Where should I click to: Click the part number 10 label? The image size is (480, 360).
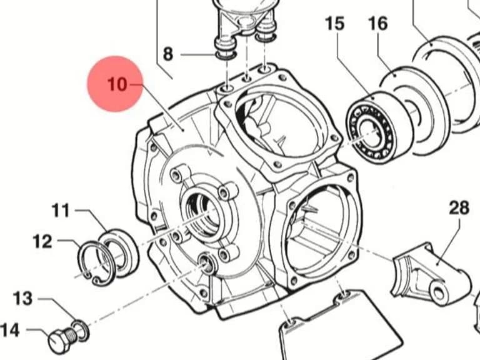coord(117,84)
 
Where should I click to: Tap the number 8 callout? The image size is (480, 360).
coord(168,54)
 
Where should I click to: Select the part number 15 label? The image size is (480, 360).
coord(334,24)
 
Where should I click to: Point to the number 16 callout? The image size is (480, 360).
coord(377,24)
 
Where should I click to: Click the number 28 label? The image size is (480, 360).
coord(459,208)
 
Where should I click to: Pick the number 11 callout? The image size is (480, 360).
coord(61,211)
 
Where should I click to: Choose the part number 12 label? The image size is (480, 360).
coord(42,241)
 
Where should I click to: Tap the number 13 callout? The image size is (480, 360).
coord(22,298)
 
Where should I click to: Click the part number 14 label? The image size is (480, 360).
coord(10,331)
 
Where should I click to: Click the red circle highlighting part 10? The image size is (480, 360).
coord(116,84)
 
